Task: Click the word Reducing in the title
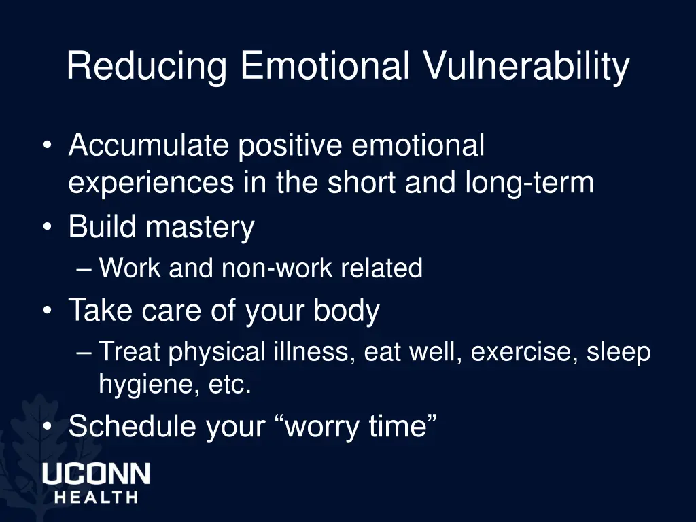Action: pyautogui.click(x=146, y=67)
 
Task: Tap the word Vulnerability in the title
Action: pyautogui.click(x=526, y=67)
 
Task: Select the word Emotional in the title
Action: pyautogui.click(x=324, y=67)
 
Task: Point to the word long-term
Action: pyautogui.click(x=529, y=183)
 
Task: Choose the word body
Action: pyautogui.click(x=346, y=311)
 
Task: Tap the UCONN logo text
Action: pyautogui.click(x=96, y=474)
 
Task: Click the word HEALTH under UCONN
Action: pyautogui.click(x=96, y=497)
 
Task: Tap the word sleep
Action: pyautogui.click(x=619, y=353)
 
